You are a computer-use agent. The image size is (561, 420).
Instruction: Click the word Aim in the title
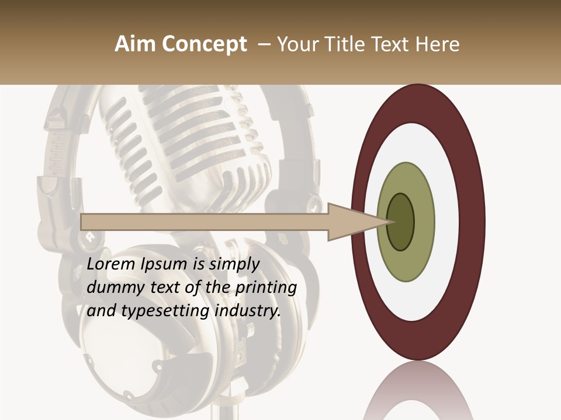(x=135, y=44)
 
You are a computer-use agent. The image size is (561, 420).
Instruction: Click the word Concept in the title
(x=203, y=44)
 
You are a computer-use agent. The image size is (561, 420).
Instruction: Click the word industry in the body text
(x=248, y=311)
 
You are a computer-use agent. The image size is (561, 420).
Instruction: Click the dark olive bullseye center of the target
(x=401, y=222)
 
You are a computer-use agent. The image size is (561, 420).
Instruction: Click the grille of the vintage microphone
(x=187, y=134)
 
